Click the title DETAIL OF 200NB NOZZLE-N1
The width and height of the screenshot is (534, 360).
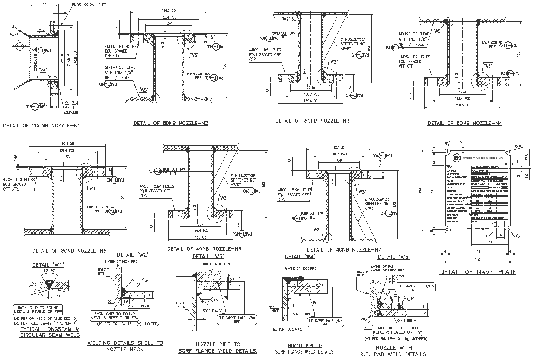point(42,126)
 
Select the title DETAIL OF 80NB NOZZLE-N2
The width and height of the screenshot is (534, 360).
point(171,123)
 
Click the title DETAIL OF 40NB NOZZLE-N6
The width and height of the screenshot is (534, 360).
point(204,249)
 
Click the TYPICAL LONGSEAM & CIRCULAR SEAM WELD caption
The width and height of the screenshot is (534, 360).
point(50,332)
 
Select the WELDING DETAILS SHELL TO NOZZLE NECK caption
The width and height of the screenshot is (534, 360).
point(125,346)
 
